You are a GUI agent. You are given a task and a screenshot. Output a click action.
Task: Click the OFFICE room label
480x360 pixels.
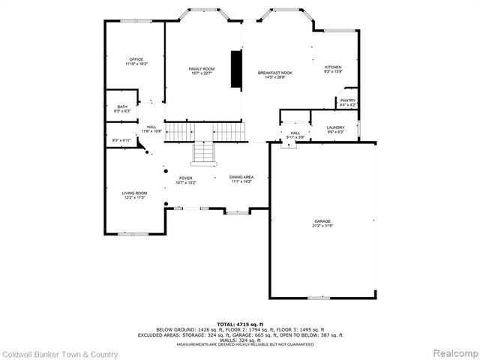136,59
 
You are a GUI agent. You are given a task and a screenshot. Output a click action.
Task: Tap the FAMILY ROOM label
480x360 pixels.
202,68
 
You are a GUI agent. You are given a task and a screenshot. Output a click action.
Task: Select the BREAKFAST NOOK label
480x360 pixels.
274,73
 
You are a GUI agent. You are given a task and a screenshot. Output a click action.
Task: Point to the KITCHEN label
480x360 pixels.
332,67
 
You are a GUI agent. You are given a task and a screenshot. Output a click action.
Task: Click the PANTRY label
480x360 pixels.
347,100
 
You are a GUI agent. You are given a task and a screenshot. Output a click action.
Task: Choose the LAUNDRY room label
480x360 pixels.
335,128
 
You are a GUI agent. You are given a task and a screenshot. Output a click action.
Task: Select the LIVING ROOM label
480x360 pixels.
135,193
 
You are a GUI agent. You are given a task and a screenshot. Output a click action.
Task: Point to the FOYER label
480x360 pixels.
185,178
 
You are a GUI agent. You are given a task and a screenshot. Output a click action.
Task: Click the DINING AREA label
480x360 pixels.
241,177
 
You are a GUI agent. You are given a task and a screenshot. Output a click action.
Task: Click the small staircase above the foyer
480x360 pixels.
204,152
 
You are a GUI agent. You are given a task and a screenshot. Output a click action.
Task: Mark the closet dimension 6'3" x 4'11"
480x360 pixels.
121,140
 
